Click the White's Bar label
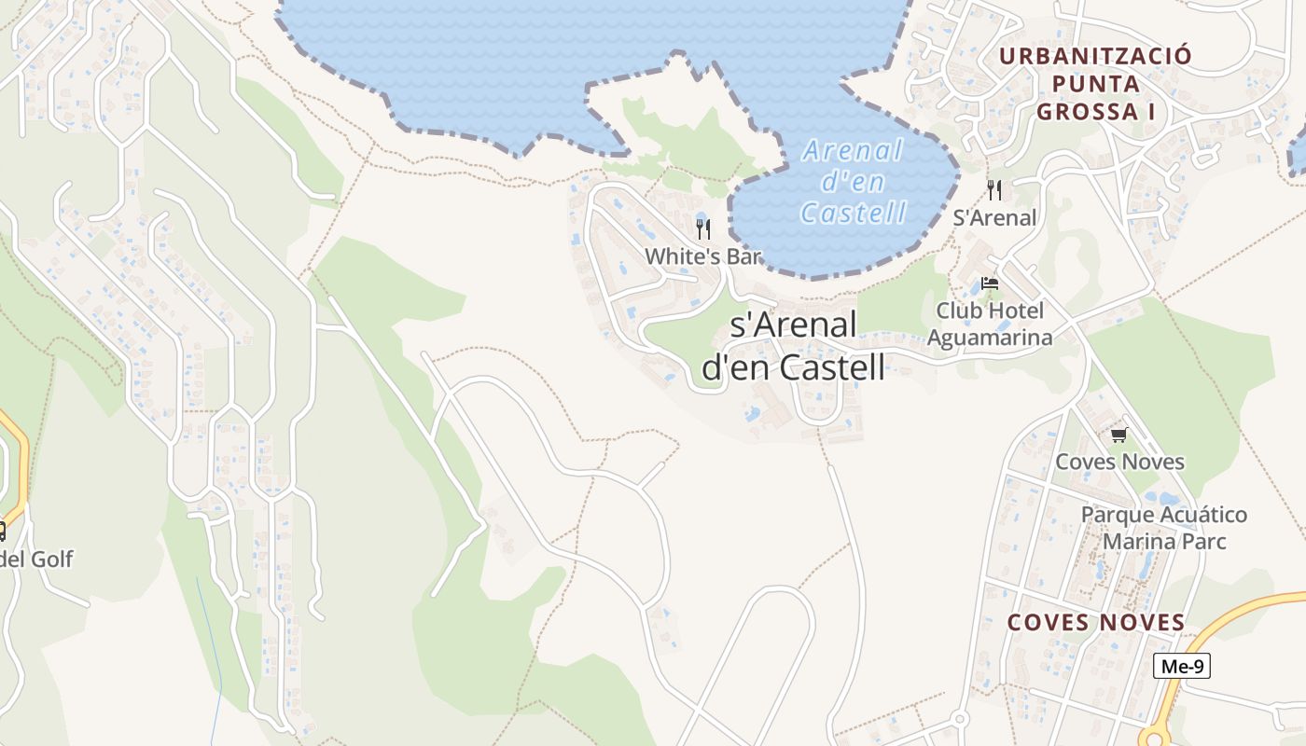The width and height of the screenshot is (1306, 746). click(703, 256)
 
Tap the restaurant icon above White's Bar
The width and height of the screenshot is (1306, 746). click(703, 228)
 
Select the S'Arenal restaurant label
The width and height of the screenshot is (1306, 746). click(994, 217)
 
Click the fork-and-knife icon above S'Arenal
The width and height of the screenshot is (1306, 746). click(994, 190)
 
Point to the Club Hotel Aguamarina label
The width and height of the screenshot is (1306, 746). click(990, 324)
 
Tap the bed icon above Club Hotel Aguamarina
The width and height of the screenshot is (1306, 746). click(990, 283)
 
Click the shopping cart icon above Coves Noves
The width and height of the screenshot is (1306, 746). click(1118, 435)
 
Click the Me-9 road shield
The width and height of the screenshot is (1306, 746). click(1182, 666)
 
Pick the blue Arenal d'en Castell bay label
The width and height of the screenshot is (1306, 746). click(854, 181)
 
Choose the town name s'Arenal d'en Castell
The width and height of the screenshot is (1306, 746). click(792, 346)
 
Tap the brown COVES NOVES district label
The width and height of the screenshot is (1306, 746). click(1096, 622)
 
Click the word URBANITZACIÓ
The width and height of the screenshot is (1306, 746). click(1095, 56)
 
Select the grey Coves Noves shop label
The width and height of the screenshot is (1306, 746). click(1119, 462)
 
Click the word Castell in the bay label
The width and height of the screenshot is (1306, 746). click(854, 213)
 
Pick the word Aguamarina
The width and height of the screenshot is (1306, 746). click(990, 337)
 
